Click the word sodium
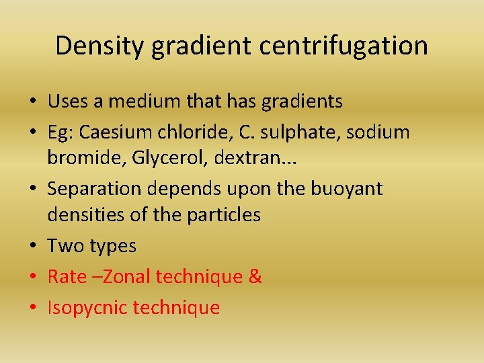(382, 132)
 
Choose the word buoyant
(346, 190)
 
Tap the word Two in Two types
(65, 246)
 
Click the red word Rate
(67, 277)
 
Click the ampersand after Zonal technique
(255, 277)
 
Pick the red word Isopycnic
(88, 308)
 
